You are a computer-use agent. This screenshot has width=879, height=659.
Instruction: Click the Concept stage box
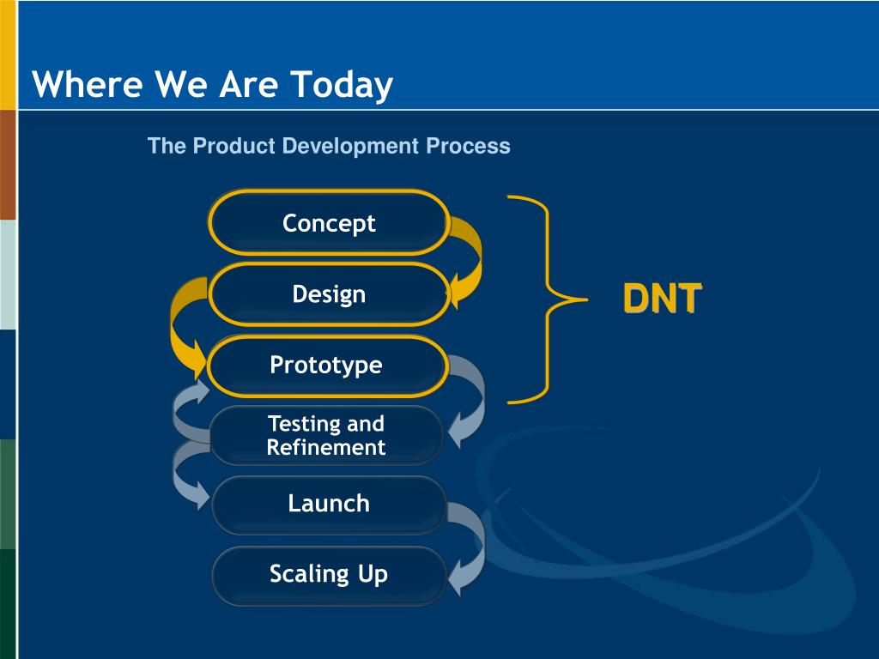tap(329, 222)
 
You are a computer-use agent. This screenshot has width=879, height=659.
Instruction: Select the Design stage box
tap(329, 294)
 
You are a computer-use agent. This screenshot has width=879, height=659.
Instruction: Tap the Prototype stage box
tap(328, 366)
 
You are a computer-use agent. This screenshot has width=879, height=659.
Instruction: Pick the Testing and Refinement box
tap(327, 435)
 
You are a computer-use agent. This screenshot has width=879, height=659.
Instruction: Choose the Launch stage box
tap(329, 505)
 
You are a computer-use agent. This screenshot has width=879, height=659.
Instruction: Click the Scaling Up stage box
tap(329, 575)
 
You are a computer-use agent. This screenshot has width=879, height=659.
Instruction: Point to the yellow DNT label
tap(662, 298)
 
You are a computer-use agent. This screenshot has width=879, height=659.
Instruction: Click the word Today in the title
tap(342, 85)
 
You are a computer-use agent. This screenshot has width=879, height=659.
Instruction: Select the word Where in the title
tap(87, 84)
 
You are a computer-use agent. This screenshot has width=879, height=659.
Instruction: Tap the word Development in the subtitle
tap(350, 146)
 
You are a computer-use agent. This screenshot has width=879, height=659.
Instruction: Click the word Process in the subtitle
tap(468, 146)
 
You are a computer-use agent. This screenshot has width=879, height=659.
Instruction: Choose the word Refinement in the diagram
tap(325, 447)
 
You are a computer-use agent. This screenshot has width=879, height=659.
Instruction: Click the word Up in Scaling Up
tap(373, 575)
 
